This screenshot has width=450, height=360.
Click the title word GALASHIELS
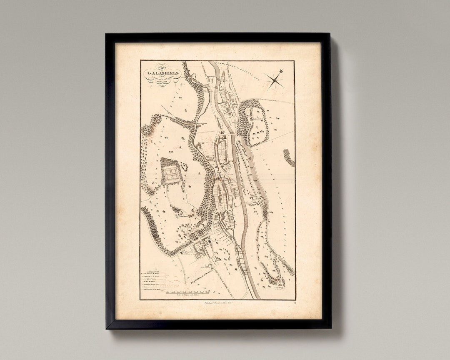pyautogui.click(x=163, y=73)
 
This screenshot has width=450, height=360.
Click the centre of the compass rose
pyautogui.click(x=275, y=80)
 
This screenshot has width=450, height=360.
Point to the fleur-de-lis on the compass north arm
pyautogui.click(x=281, y=71)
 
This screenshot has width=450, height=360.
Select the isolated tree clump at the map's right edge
pyautogui.click(x=289, y=158)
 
